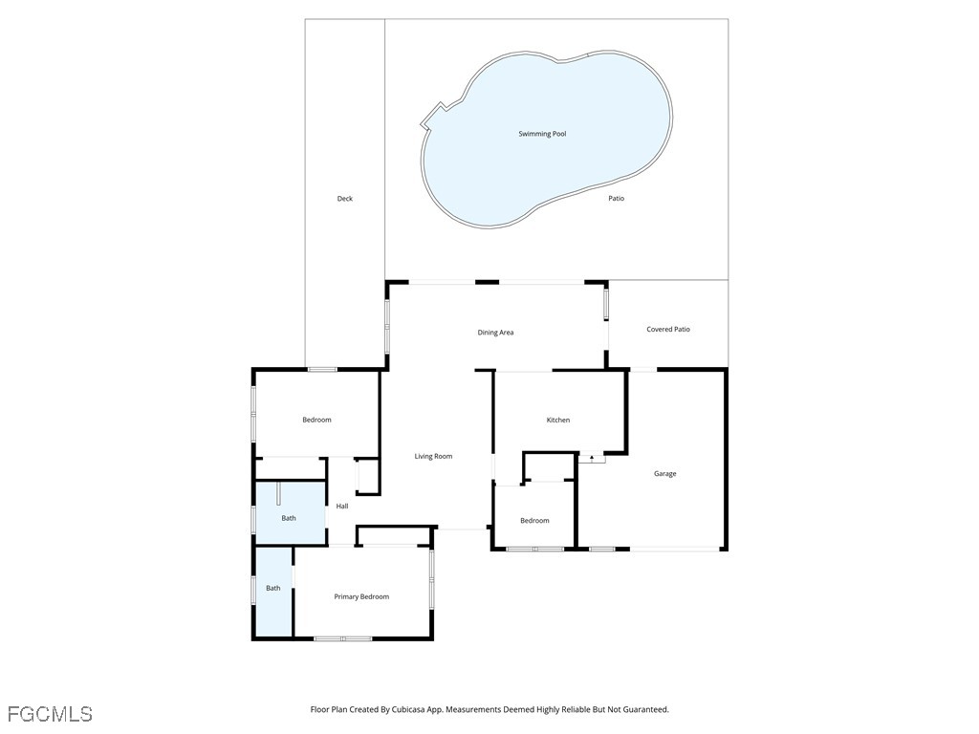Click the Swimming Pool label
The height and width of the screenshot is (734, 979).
pyautogui.click(x=542, y=134)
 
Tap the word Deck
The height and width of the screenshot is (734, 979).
pyautogui.click(x=344, y=199)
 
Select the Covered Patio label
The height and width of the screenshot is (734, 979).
pyautogui.click(x=668, y=329)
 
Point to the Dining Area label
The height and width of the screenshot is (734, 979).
pyautogui.click(x=495, y=332)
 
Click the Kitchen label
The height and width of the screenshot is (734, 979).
pyautogui.click(x=557, y=421)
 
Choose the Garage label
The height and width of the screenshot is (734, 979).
pyautogui.click(x=665, y=474)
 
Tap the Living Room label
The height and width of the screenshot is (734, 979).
pyautogui.click(x=433, y=456)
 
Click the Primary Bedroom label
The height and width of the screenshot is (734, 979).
pyautogui.click(x=361, y=596)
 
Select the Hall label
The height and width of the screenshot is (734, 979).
pyautogui.click(x=342, y=507)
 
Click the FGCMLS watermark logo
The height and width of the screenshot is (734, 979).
pyautogui.click(x=50, y=714)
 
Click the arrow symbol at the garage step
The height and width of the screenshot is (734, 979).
pyautogui.click(x=591, y=458)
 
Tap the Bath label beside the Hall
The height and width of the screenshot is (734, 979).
pyautogui.click(x=289, y=518)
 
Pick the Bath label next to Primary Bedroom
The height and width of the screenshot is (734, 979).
pyautogui.click(x=272, y=588)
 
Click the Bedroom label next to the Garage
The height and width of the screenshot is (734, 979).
pyautogui.click(x=534, y=521)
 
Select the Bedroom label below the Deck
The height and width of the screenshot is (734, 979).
pyautogui.click(x=316, y=421)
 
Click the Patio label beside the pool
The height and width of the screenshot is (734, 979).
pyautogui.click(x=617, y=199)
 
